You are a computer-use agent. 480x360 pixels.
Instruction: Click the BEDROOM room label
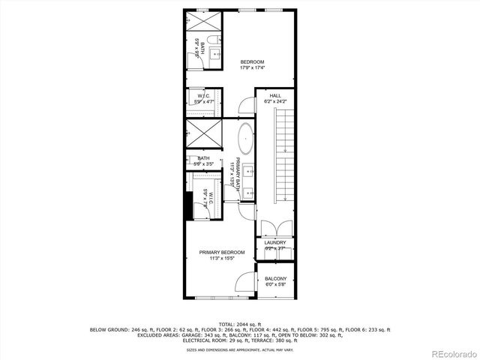pos(252,61)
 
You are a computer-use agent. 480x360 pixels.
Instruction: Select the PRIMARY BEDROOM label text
pos(222,252)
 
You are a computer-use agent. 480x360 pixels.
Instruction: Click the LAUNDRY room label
pos(275,242)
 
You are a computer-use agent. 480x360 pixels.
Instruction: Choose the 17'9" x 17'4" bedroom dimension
pos(252,68)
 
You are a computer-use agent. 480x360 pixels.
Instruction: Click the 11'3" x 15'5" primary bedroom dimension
pos(222,259)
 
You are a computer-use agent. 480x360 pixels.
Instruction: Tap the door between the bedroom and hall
pos(248,101)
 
